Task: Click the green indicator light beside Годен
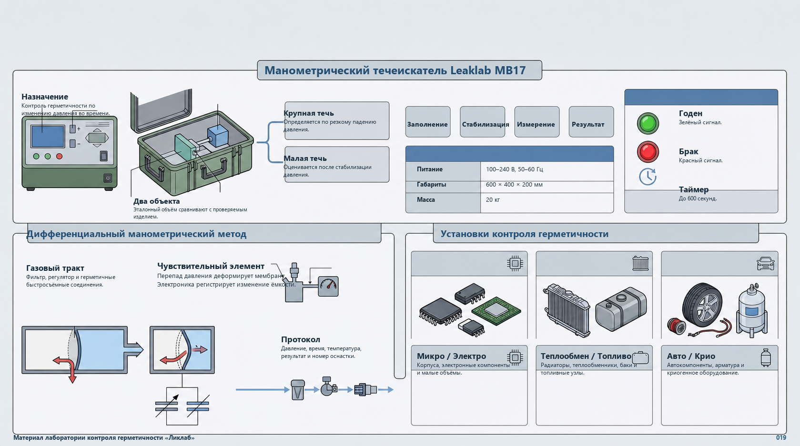[x=648, y=123]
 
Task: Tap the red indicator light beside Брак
[x=648, y=152]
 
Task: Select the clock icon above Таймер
[x=648, y=177]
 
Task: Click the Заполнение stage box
[x=428, y=122]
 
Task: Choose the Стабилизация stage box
[x=483, y=122]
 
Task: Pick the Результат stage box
[x=591, y=122]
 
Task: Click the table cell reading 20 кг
[x=493, y=200]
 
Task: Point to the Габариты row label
[x=431, y=185]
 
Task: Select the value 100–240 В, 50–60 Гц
[x=514, y=169]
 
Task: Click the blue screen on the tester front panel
[x=48, y=136]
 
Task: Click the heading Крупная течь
[x=309, y=113]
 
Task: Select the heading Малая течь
[x=305, y=159]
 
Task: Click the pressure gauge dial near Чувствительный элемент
[x=328, y=286]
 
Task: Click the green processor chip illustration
[x=496, y=311]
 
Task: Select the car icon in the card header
[x=765, y=264]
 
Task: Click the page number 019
[x=781, y=438]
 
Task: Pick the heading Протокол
[x=300, y=339]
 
